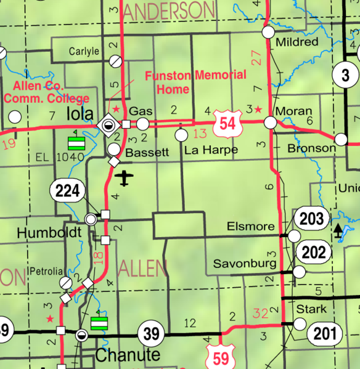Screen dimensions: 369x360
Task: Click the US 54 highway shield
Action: tap(227, 124)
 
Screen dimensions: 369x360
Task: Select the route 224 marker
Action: tap(67, 191)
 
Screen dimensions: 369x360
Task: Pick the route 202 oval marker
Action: tap(313, 251)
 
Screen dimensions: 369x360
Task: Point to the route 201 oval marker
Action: tap(324, 334)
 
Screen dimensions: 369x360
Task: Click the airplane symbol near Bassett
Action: tap(125, 179)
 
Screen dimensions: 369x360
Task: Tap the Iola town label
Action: tap(80, 115)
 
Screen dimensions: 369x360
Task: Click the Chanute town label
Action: tap(128, 355)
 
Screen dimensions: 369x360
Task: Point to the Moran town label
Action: tap(290, 112)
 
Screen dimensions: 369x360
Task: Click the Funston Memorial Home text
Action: tap(186, 81)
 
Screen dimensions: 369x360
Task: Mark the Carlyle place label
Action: tap(84, 52)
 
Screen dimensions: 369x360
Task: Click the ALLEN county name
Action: tap(142, 268)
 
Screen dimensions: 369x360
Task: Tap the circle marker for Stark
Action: tap(300, 323)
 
